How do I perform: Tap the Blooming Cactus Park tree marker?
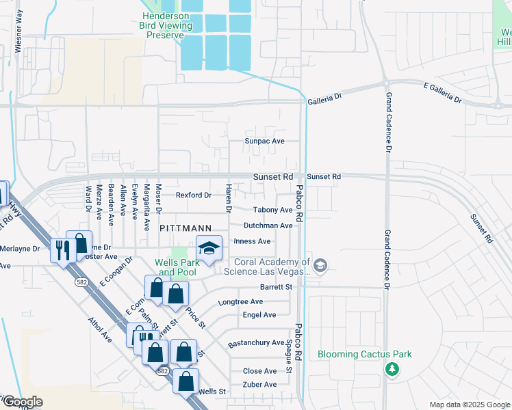click(392, 370)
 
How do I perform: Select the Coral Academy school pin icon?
click(321, 265)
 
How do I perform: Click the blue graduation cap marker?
click(209, 248)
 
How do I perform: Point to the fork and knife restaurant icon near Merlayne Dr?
click(61, 250)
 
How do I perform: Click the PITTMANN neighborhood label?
click(182, 227)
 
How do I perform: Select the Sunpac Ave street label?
click(265, 141)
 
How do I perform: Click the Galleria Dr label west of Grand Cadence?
click(324, 98)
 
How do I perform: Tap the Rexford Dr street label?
click(193, 195)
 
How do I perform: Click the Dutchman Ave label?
click(268, 225)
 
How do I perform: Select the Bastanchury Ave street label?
click(255, 342)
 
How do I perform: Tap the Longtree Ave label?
click(240, 301)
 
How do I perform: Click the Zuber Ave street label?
click(260, 384)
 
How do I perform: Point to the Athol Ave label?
click(99, 329)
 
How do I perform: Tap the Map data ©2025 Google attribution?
click(469, 405)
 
